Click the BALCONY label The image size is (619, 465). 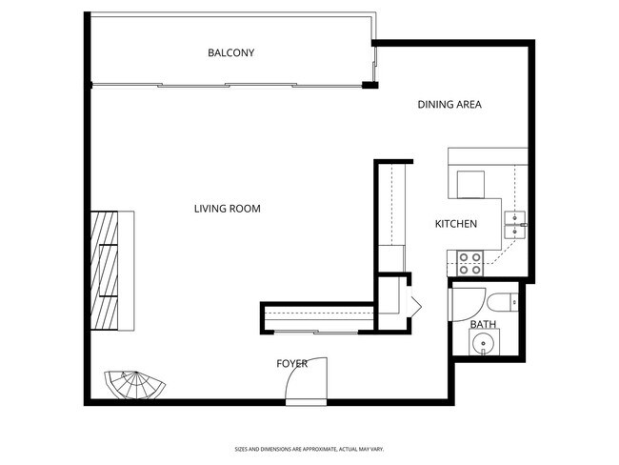tap(231, 52)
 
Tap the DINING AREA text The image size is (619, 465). tap(449, 105)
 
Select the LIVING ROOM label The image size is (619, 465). tap(228, 209)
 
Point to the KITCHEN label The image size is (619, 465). tap(456, 225)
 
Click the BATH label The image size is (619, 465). tap(483, 325)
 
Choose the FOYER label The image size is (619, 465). tap(291, 364)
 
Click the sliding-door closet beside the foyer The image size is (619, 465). tap(319, 316)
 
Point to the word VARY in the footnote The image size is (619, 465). tap(376, 448)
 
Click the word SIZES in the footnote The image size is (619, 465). tap(242, 448)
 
